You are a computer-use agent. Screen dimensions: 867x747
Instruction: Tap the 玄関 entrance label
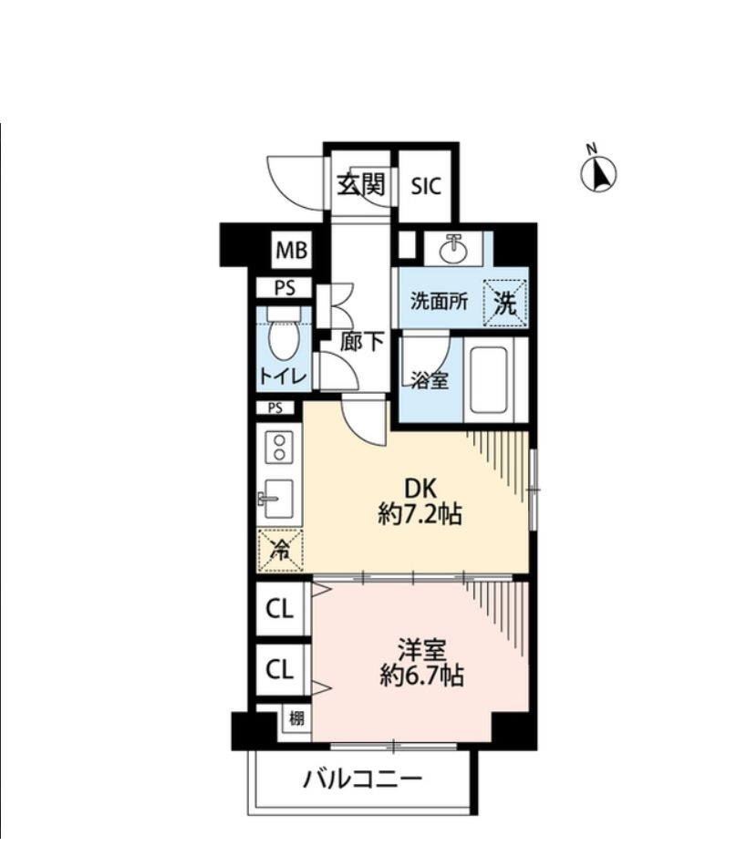click(x=360, y=184)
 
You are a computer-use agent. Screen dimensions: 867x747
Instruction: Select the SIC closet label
click(x=425, y=186)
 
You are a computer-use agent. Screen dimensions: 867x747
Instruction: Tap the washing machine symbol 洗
click(x=505, y=303)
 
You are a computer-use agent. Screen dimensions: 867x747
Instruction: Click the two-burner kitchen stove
click(x=278, y=447)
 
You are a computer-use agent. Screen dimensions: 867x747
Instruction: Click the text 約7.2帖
click(x=419, y=515)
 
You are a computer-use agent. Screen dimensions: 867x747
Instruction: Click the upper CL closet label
click(x=279, y=608)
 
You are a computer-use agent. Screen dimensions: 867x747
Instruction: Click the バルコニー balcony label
click(x=362, y=779)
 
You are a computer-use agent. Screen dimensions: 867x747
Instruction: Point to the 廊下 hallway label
click(x=361, y=342)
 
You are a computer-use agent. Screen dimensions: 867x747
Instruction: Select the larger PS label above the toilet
click(x=285, y=288)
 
